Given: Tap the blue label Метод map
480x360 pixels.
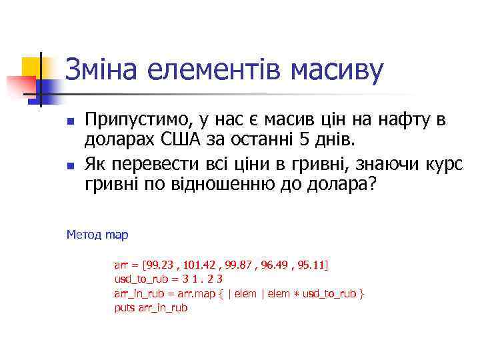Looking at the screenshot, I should pyautogui.click(x=97, y=235).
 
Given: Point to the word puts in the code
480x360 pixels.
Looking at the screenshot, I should pyautogui.click(x=125, y=308).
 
